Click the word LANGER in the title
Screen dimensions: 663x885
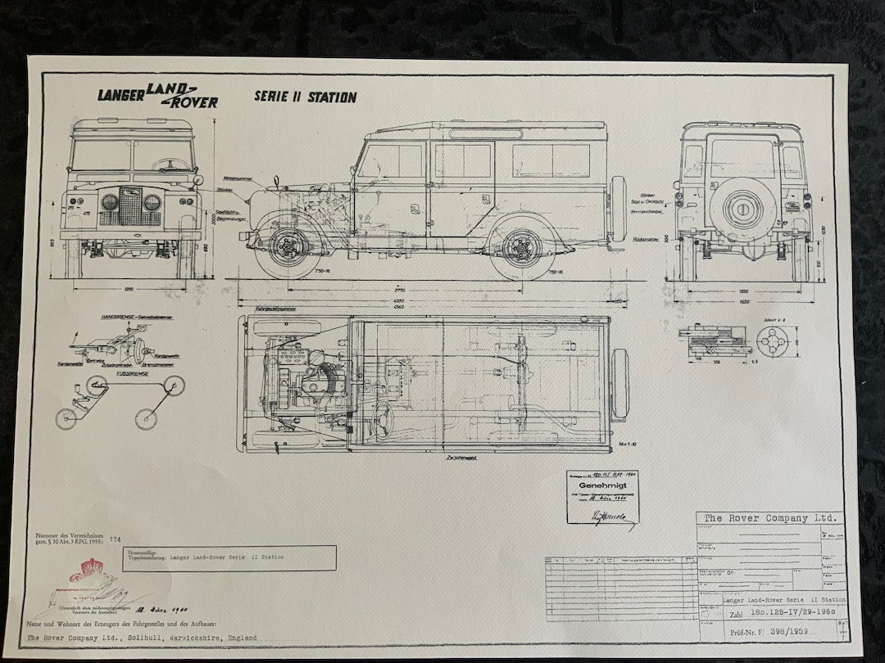point(120,94)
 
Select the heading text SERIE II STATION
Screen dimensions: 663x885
point(305,97)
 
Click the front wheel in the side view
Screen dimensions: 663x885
point(288,246)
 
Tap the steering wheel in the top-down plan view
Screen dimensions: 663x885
point(383,419)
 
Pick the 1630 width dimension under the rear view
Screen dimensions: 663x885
point(743,300)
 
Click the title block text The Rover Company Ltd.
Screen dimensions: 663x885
point(769,518)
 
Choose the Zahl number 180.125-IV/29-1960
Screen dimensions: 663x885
point(786,612)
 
